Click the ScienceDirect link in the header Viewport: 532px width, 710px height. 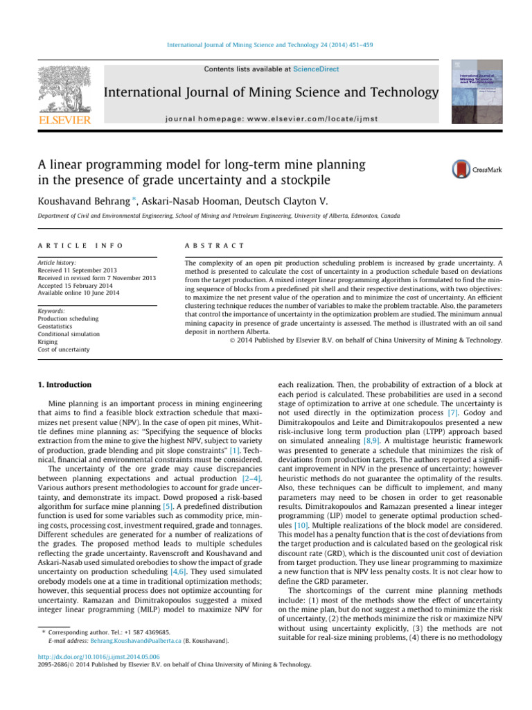(x=316, y=69)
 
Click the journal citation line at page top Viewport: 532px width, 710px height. (x=266, y=44)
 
